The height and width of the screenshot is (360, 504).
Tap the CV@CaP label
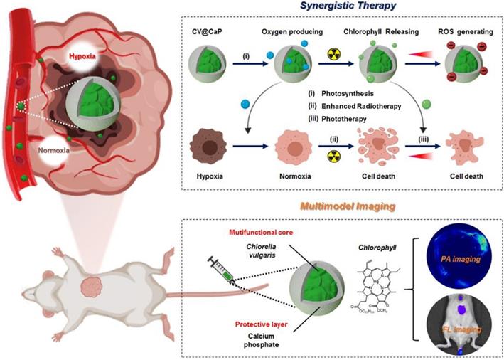coord(206,32)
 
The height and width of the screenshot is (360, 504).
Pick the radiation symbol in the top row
coord(332,54)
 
